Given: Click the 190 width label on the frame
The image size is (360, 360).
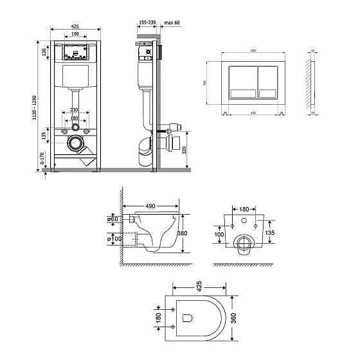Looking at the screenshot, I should (x=76, y=35).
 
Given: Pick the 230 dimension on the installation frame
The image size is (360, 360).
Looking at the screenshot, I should (x=76, y=110).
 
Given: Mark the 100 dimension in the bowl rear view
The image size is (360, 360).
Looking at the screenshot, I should (x=219, y=235).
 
